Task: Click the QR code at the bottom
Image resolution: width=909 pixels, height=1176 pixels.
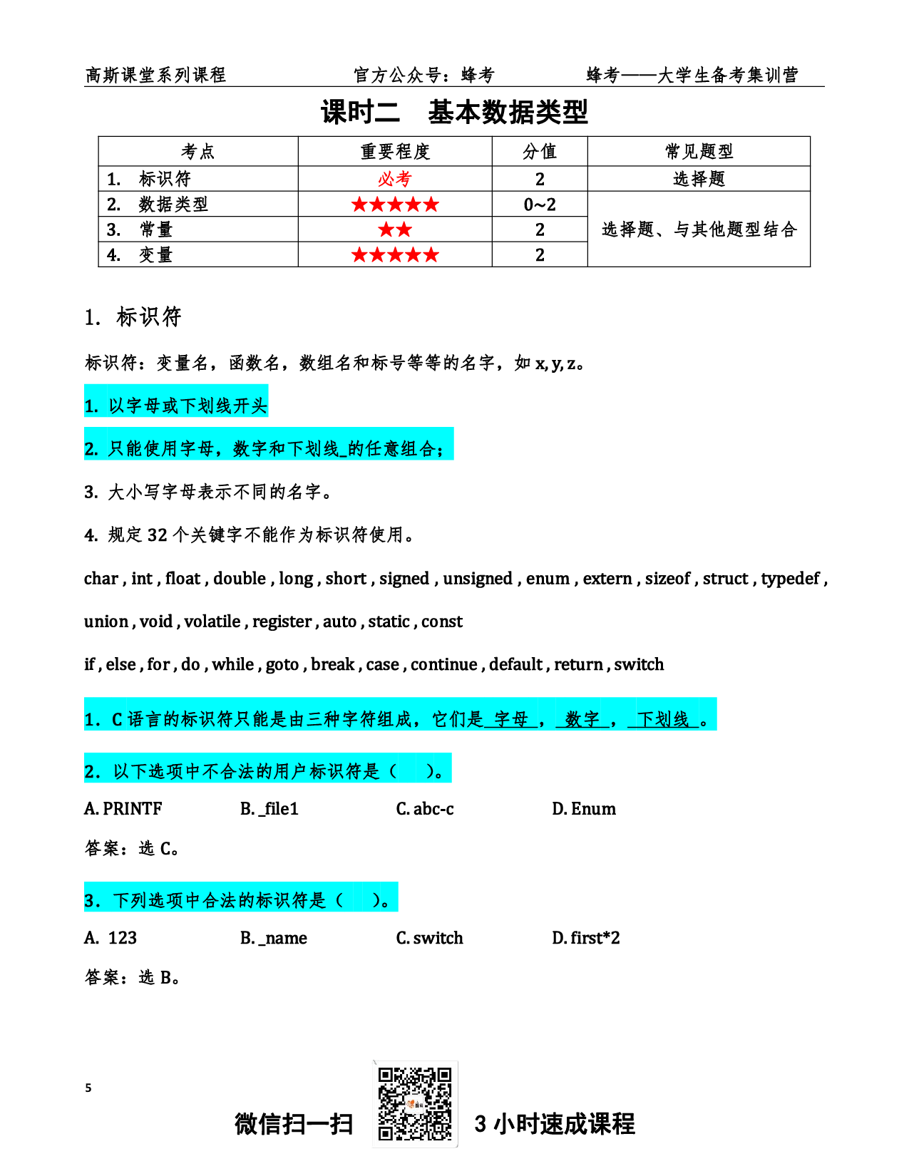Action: pos(414,1103)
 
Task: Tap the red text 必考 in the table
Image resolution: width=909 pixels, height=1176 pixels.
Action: pos(394,179)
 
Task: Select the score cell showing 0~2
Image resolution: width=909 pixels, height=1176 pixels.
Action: pos(539,205)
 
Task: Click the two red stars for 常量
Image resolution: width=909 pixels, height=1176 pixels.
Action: pos(394,229)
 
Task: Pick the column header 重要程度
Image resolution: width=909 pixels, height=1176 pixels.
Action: pos(394,151)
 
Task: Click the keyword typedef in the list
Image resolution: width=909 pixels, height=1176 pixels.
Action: pos(790,579)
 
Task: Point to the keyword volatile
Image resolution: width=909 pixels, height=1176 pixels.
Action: pos(212,621)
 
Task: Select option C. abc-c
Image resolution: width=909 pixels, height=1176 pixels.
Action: pos(425,809)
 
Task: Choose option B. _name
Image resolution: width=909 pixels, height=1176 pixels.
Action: pos(274,938)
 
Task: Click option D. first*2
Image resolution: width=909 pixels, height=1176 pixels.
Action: pos(586,938)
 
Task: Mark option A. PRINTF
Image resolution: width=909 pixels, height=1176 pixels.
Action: pos(123,809)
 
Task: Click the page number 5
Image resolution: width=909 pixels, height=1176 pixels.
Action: pos(88,1088)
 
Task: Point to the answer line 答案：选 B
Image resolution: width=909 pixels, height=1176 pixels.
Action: pos(132,977)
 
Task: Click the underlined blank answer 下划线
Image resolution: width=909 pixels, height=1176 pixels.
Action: pos(663,719)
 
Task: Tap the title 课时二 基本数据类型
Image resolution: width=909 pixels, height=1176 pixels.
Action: pos(455,112)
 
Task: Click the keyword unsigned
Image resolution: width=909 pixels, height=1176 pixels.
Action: pos(478,579)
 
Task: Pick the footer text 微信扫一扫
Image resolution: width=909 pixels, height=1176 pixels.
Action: pos(294,1124)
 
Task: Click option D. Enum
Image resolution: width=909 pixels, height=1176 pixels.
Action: pos(584,809)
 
